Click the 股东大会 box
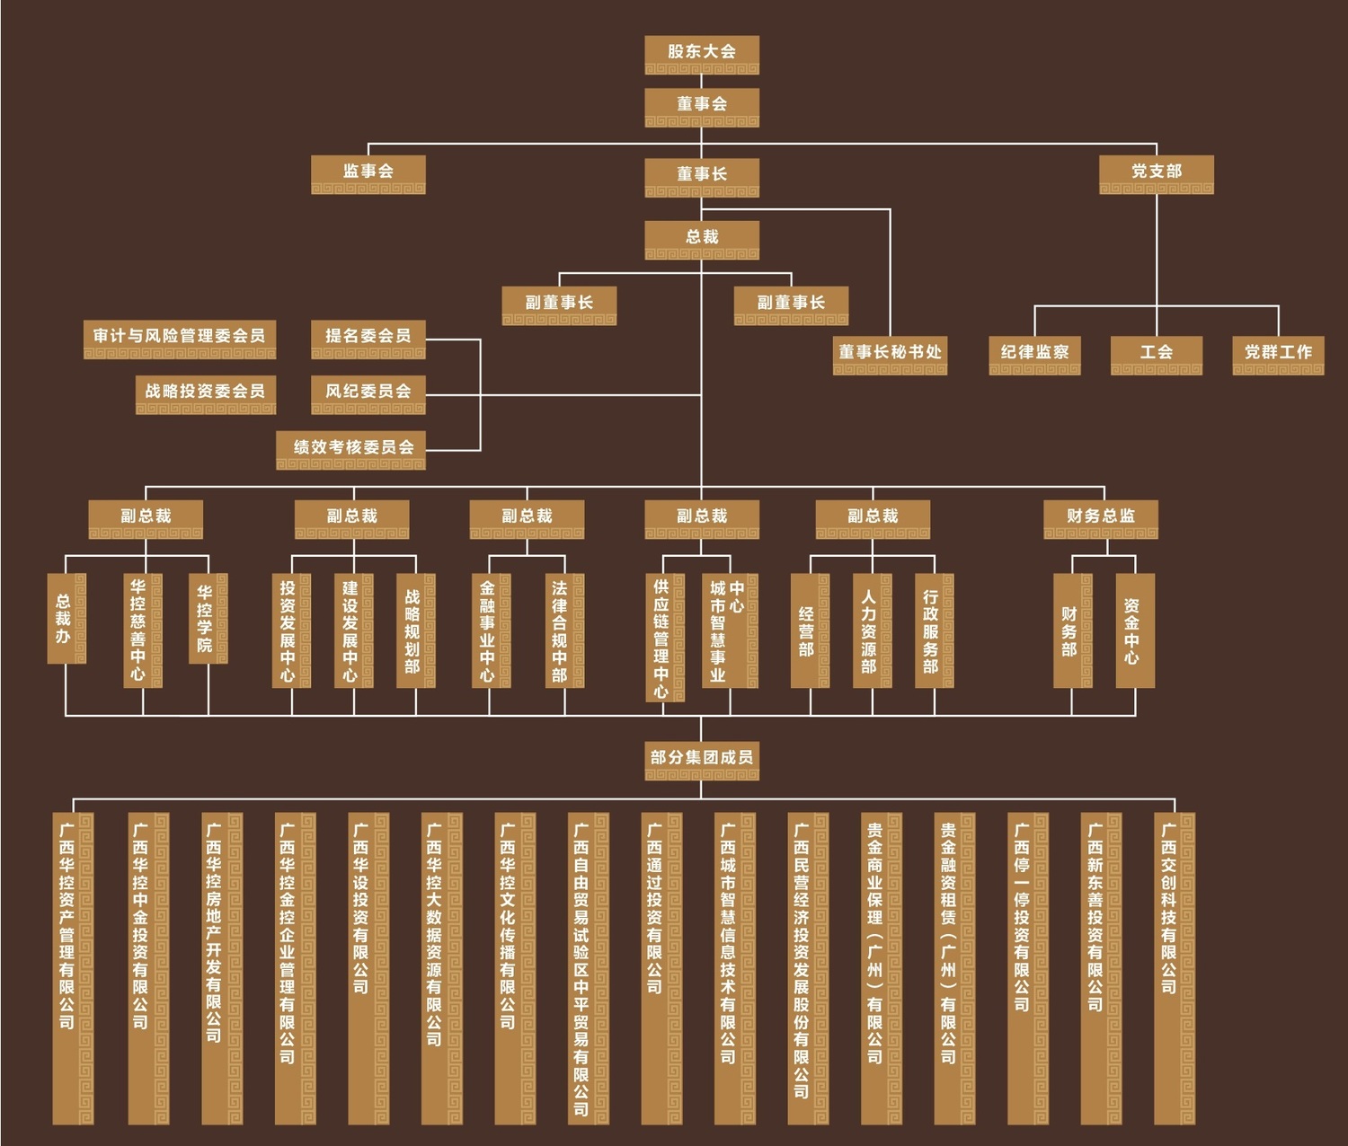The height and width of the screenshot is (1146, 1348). tap(702, 54)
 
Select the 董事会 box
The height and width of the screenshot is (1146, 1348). tap(702, 106)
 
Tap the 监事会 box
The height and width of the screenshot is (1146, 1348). tap(368, 173)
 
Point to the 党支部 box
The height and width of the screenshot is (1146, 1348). tap(1157, 173)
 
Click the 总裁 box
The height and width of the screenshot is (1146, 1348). tap(702, 239)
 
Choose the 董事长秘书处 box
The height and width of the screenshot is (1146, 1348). tap(890, 354)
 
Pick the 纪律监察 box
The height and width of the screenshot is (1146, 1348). tap(1034, 354)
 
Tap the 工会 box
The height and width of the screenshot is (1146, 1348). tap(1157, 354)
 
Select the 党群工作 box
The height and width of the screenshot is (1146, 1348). tap(1278, 354)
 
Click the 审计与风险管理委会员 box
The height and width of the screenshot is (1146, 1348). tap(180, 339)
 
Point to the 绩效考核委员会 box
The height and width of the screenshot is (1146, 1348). tap(351, 449)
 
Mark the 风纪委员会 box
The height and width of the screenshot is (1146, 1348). tap(368, 393)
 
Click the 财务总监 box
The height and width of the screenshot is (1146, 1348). tap(1101, 518)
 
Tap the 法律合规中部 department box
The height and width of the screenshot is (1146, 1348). tap(563, 630)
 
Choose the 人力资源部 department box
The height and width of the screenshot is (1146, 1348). tap(872, 630)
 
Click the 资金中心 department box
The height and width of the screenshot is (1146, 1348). tap(1135, 630)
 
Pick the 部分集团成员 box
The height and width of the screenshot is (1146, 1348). tap(702, 760)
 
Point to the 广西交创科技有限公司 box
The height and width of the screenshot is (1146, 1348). tap(1174, 967)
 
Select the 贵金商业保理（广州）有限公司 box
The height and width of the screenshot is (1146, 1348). tap(881, 967)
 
